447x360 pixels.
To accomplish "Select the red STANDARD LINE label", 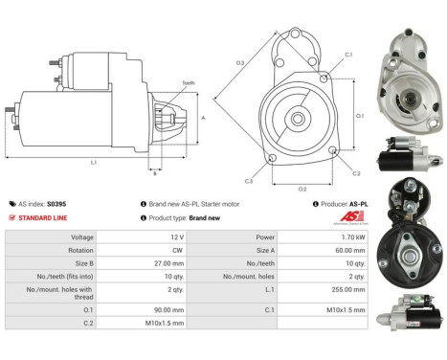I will pyautogui.click(x=43, y=217).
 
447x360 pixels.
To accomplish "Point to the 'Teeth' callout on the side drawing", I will pyautogui.click(x=189, y=83).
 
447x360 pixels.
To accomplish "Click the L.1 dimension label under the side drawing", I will pyautogui.click(x=93, y=163).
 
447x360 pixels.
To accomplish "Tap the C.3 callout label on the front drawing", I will pyautogui.click(x=248, y=181).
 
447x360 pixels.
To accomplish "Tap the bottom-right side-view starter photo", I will pyautogui.click(x=414, y=316).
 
